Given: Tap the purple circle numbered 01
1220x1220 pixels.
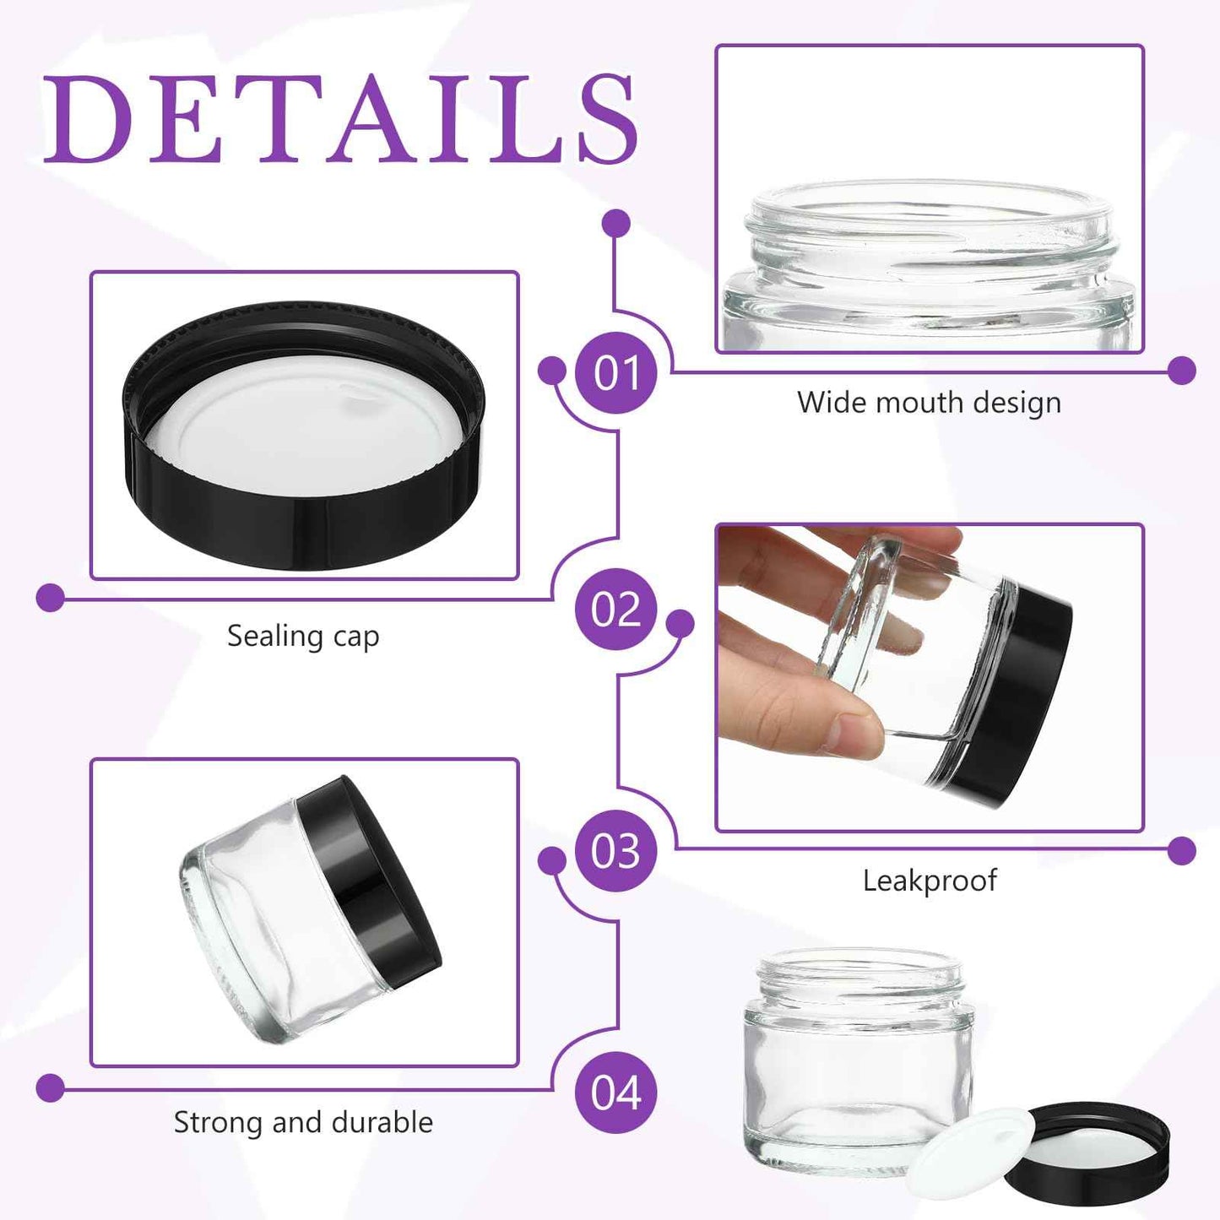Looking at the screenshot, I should [615, 372].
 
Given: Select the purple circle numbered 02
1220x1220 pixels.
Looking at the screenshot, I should [615, 609].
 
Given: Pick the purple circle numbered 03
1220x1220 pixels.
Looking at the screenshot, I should [615, 851].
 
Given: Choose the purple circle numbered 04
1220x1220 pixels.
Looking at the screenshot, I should [615, 1093].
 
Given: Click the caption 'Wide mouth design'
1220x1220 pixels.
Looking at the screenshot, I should [929, 403].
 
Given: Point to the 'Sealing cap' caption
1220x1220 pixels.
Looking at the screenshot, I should [303, 636].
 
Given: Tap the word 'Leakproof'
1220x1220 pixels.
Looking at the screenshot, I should [929, 881].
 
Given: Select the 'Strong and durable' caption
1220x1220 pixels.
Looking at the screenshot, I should [303, 1122].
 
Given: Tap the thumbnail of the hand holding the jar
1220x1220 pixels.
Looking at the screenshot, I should [929, 677].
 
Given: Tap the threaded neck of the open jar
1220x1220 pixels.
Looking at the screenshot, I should [859, 979].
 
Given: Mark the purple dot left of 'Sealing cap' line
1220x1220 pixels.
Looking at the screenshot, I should [51, 598].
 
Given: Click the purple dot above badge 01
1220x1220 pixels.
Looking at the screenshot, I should [616, 224].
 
